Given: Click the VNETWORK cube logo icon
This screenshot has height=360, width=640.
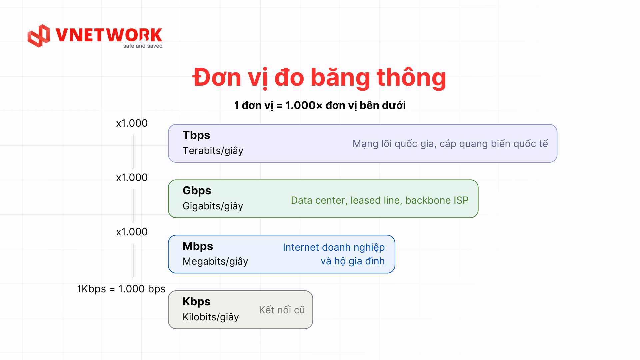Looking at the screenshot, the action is [x=39, y=36].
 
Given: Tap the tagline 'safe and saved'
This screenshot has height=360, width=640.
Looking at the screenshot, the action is [x=143, y=46].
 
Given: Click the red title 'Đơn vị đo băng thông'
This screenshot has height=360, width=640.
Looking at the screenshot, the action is [x=319, y=78].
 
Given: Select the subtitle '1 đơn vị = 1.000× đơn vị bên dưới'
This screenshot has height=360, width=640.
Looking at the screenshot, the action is [x=320, y=106].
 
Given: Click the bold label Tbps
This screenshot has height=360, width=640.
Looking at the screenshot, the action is [x=196, y=135].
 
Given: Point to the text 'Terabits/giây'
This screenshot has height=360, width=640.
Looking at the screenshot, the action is [x=213, y=151].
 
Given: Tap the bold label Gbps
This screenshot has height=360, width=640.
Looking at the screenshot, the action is [x=197, y=191].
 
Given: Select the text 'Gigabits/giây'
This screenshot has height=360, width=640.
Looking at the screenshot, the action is [x=213, y=206].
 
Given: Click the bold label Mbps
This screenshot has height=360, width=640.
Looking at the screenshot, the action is [x=198, y=246].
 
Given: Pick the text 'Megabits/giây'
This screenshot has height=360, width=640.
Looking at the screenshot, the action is [x=215, y=262].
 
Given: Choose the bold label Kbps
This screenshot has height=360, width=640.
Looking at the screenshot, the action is [x=196, y=302].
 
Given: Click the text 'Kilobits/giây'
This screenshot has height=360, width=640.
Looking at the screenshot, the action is [x=211, y=317].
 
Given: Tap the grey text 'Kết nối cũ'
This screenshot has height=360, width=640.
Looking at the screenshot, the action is [x=282, y=310].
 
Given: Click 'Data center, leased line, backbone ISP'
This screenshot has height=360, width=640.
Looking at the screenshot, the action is [x=380, y=200].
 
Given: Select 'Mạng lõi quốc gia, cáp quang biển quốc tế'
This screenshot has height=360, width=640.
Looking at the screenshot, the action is [x=450, y=144].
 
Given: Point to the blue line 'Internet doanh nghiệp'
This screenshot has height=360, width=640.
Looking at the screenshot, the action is [x=334, y=248].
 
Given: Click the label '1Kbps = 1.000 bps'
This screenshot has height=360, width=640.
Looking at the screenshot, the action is [x=121, y=289].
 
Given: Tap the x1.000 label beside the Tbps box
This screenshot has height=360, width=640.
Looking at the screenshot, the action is [x=132, y=123].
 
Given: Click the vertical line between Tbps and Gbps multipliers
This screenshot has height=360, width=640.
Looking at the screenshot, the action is [x=133, y=152].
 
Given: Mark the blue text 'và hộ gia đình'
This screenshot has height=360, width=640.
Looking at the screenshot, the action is [x=353, y=261].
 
